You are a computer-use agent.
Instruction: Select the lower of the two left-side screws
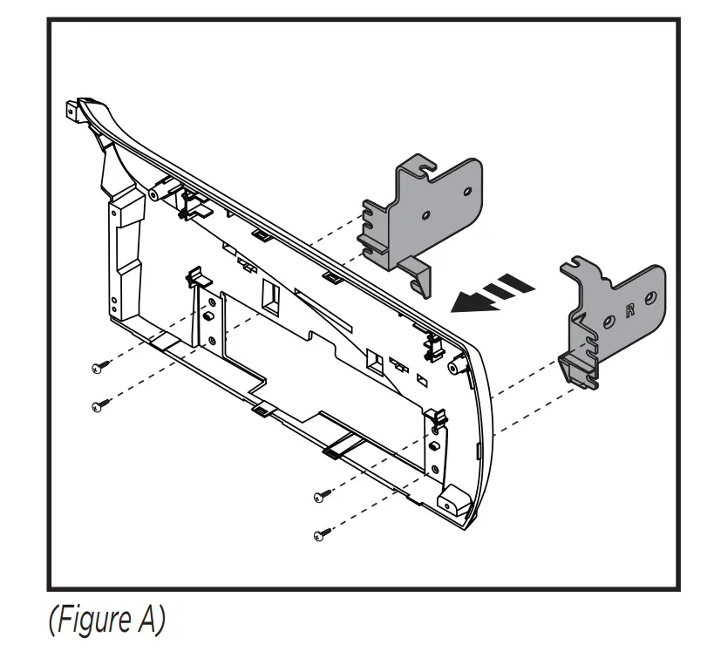click(98, 404)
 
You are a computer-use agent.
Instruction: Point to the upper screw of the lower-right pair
click(320, 497)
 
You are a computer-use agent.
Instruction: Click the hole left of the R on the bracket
click(607, 322)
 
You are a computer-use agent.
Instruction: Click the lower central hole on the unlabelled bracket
click(425, 214)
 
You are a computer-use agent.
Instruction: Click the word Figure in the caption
click(92, 620)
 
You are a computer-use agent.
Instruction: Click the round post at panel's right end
click(454, 369)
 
